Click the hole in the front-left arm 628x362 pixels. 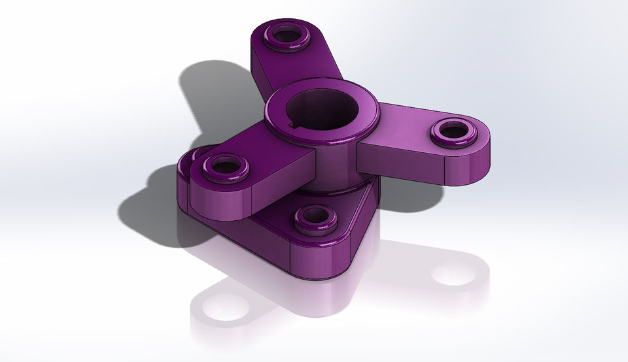pos(222,167)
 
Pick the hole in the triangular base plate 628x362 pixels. pos(315,216)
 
